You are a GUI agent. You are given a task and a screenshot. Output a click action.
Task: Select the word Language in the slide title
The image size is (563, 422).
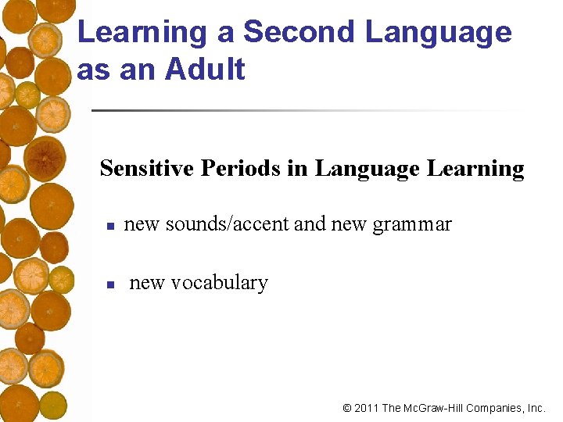click(439, 33)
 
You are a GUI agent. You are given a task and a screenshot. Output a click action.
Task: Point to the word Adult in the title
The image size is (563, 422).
click(206, 70)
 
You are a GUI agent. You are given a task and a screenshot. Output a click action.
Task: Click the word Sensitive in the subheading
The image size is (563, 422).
click(146, 168)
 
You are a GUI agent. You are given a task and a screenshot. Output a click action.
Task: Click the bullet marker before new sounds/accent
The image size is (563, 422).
click(111, 227)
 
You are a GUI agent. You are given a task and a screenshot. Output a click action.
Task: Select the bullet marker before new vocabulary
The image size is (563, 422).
click(111, 284)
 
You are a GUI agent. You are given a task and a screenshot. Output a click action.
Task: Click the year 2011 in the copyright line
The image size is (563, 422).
click(366, 408)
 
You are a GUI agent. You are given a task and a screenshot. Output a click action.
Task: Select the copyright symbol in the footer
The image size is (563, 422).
click(347, 408)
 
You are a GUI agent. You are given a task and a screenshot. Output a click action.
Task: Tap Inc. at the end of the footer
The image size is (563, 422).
click(536, 408)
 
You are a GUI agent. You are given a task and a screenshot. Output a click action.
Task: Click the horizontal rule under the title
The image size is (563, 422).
click(305, 110)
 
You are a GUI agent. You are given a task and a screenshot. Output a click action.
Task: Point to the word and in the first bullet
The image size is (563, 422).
click(310, 225)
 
